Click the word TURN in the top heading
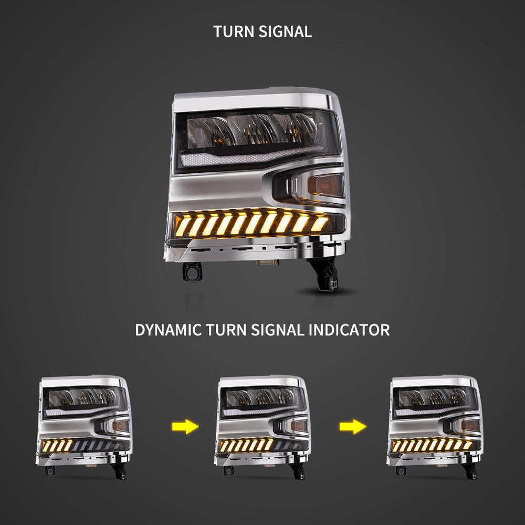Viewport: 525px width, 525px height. [x=234, y=32]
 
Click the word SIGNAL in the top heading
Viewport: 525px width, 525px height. [x=285, y=32]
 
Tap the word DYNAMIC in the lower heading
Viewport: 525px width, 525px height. [x=169, y=330]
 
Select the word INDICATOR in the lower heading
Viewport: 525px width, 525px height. [x=349, y=330]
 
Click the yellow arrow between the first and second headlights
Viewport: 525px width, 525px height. [x=185, y=427]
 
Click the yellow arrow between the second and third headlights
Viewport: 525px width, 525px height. [x=353, y=427]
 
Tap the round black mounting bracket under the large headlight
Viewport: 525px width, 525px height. [x=192, y=271]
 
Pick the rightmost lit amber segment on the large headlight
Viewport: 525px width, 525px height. [x=320, y=224]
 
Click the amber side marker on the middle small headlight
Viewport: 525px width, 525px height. [x=299, y=426]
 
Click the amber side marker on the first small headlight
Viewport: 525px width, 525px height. [x=121, y=426]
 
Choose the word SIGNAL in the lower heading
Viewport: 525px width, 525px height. [x=278, y=330]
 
